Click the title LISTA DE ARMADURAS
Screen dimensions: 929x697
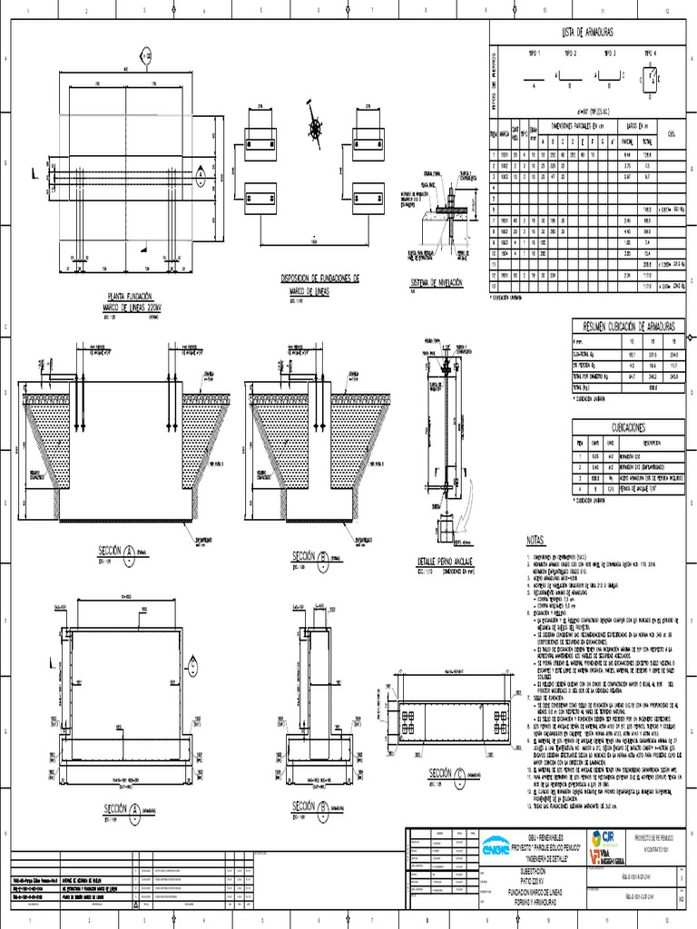587,32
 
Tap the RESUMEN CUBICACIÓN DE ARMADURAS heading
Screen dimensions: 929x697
630,325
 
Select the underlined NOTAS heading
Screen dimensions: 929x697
535,542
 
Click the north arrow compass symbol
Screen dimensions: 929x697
315,132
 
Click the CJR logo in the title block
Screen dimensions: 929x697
604,837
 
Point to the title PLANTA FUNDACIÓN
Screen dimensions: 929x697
131,297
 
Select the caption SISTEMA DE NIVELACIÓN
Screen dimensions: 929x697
437,283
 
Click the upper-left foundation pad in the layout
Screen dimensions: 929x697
260,142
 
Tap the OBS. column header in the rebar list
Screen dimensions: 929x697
671,132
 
